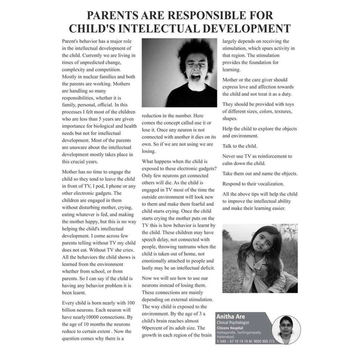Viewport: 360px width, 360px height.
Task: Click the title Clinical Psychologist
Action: pyautogui.click(x=233, y=323)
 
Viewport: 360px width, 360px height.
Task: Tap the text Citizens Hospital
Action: pyautogui.click(x=230, y=328)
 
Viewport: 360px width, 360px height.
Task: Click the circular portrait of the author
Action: pyautogui.click(x=286, y=330)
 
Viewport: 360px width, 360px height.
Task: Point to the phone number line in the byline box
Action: pyautogui.click(x=245, y=341)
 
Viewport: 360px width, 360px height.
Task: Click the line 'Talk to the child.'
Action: pyautogui.click(x=240, y=146)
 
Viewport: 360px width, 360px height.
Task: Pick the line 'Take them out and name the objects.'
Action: pyautogui.click(x=260, y=174)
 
